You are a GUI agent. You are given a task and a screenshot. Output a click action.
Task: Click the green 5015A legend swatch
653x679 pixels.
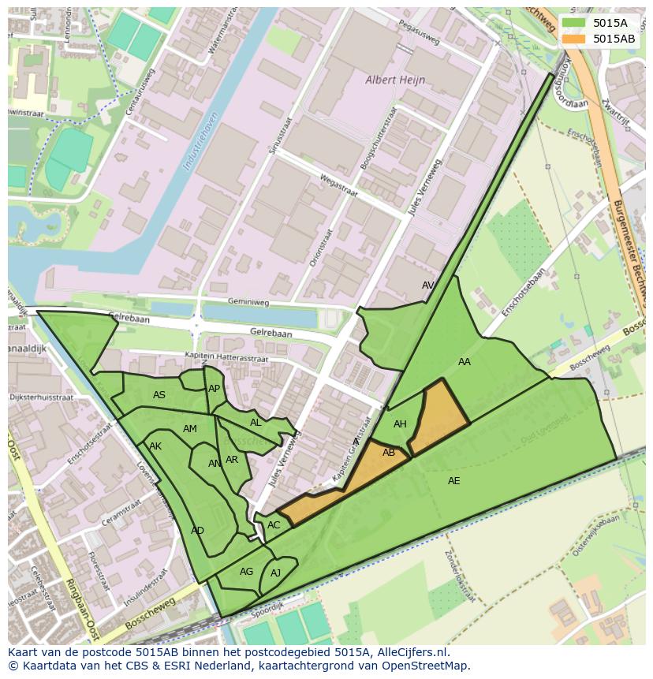point(575,24)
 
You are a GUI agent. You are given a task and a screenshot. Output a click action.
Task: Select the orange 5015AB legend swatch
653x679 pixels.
point(575,38)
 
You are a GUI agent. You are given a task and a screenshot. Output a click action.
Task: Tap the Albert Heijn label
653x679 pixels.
point(395,80)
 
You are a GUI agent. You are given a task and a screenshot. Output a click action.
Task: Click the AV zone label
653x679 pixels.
point(428,285)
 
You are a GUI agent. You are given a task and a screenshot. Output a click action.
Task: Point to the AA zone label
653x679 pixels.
point(465,362)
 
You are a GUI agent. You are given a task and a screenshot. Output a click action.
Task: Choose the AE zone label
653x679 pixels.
point(453,481)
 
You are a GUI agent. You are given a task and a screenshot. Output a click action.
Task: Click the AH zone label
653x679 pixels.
point(400,424)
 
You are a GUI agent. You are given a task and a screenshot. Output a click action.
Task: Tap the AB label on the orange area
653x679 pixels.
point(389,453)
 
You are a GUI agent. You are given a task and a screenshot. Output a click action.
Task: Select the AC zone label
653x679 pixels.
point(274,525)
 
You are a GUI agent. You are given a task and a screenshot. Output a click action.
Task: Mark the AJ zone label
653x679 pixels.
point(275,573)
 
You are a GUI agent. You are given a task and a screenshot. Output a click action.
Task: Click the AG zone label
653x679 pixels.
point(246,572)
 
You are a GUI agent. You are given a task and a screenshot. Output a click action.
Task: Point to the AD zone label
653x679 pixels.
point(197,531)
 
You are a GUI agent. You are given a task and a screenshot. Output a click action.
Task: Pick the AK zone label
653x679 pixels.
point(155,446)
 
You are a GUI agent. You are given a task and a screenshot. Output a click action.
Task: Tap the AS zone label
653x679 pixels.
point(159,395)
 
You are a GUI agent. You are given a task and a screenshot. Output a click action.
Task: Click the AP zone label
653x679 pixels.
point(214,389)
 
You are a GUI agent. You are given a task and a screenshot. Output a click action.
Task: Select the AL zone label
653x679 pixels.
point(256,423)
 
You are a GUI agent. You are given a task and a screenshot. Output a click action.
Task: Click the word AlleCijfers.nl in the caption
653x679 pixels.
point(409,652)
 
